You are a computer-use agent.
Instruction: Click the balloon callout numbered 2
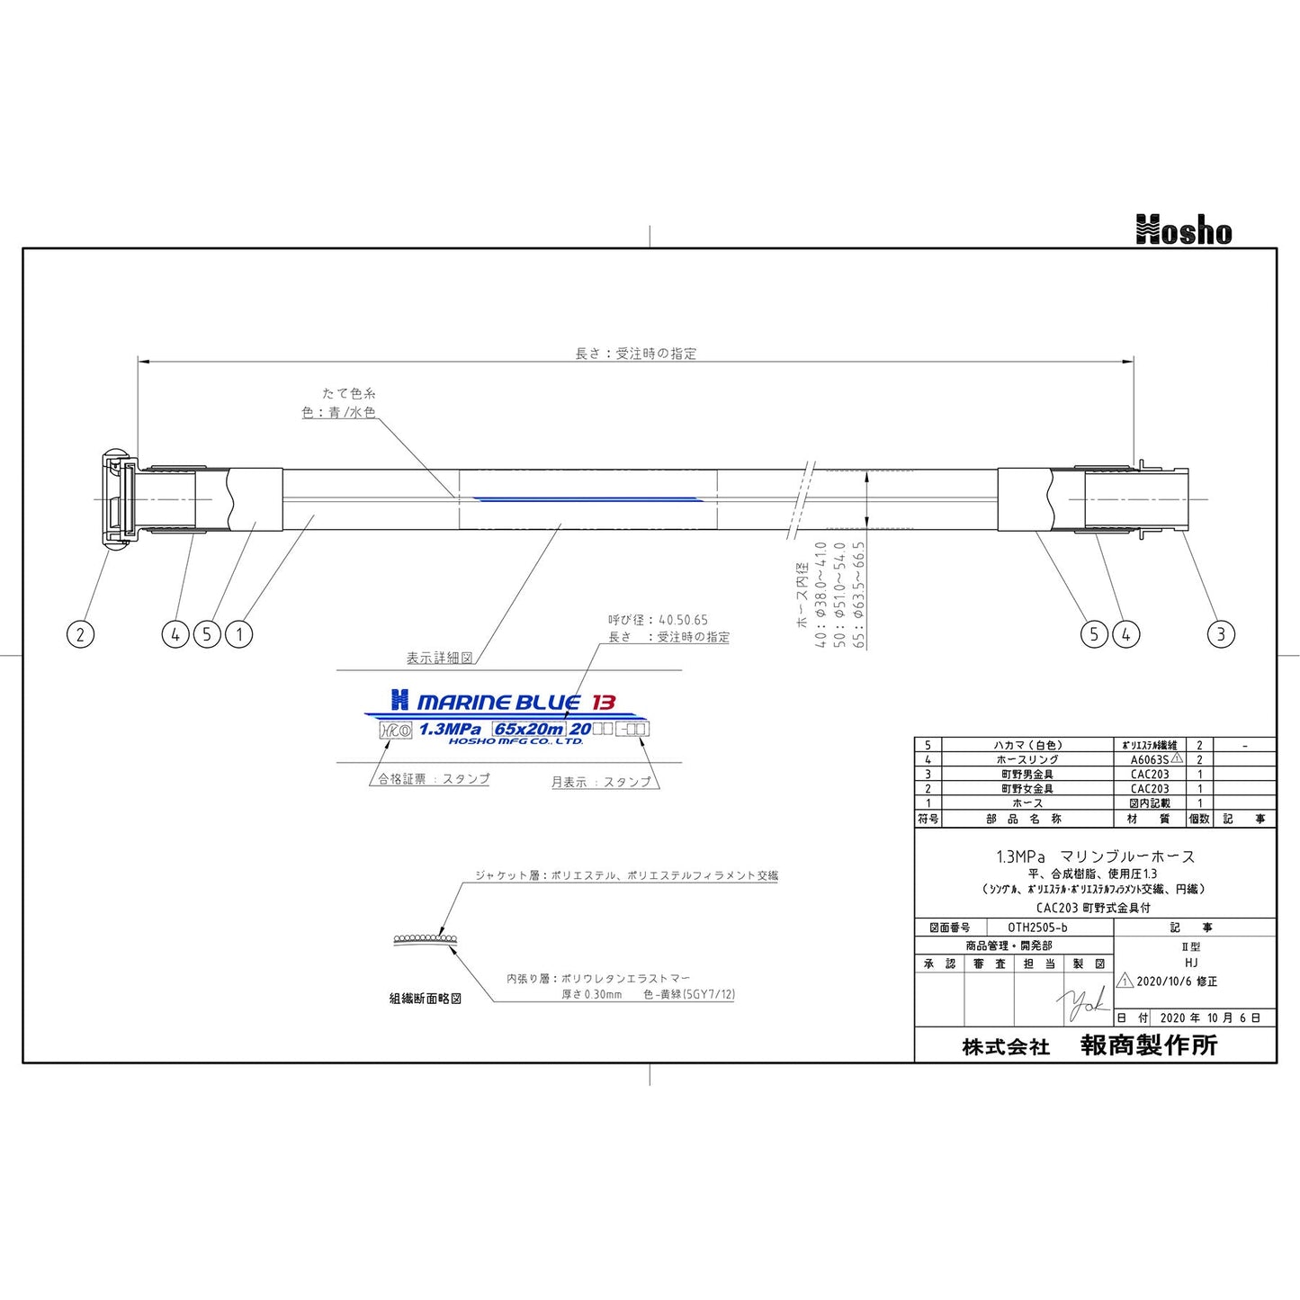[80, 634]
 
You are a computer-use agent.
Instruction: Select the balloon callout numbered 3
[1220, 634]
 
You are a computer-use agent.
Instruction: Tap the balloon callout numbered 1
[239, 634]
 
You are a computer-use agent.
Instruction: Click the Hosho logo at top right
[1183, 230]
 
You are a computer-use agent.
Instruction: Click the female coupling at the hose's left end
[117, 498]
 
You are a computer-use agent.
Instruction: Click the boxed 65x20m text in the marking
[529, 729]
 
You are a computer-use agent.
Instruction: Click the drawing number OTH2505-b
[1037, 927]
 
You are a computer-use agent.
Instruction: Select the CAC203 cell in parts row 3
[1150, 774]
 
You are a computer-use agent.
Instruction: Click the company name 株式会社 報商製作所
[1089, 1045]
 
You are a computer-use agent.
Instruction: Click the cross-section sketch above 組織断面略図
[426, 938]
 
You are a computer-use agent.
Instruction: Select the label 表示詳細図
[439, 659]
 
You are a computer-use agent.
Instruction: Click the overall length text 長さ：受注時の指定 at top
[635, 354]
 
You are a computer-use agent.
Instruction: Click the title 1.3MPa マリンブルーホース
[1095, 856]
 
